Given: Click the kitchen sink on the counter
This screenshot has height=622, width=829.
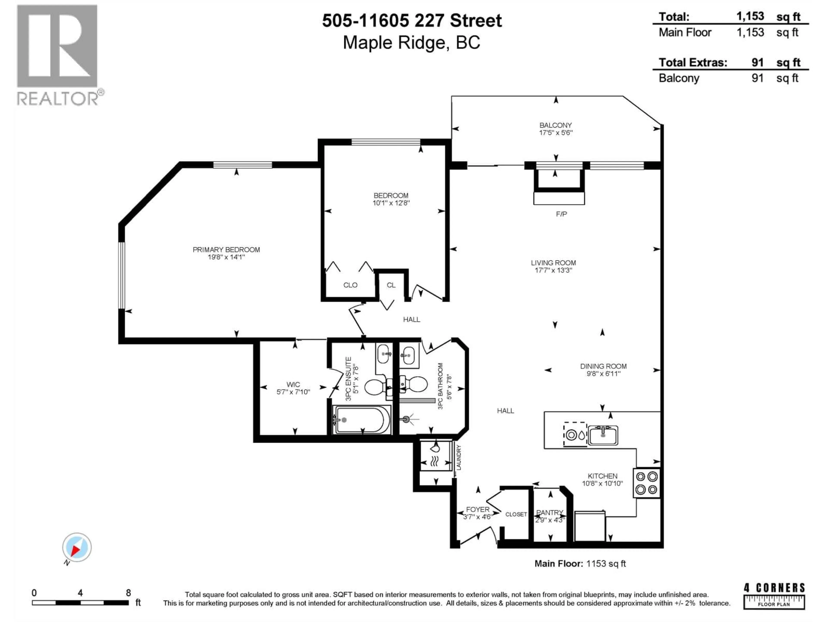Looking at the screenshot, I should (x=603, y=435).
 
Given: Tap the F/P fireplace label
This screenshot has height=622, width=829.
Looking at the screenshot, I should (x=561, y=214).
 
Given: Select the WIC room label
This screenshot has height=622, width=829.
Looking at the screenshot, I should (x=293, y=384).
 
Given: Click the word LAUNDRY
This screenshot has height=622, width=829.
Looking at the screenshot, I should (x=459, y=457).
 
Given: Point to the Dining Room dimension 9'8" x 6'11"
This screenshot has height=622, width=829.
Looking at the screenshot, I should (x=603, y=374).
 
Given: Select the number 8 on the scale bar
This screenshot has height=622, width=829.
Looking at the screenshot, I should (x=128, y=593).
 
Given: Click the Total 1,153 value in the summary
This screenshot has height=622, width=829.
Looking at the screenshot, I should (x=750, y=16).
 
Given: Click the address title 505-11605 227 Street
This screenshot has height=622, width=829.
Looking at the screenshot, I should (x=412, y=21).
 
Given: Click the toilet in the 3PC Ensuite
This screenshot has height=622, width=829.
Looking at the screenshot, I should (x=375, y=387).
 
